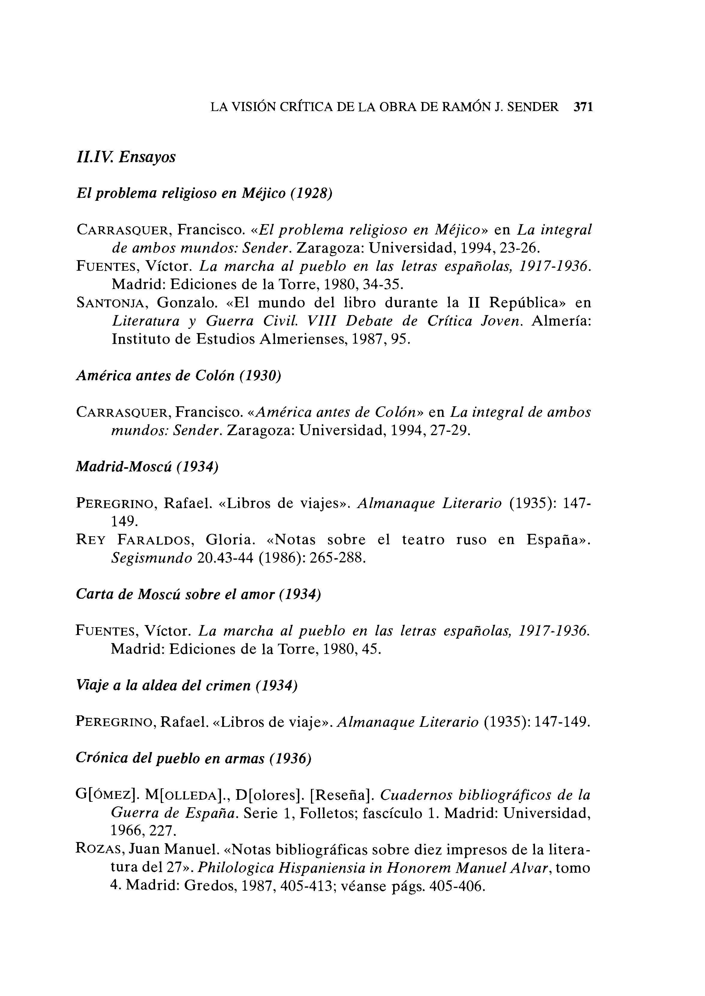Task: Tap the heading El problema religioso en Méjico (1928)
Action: pyautogui.click(x=204, y=193)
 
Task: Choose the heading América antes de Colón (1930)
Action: pyautogui.click(x=178, y=376)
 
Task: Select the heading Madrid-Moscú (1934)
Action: pyautogui.click(x=147, y=467)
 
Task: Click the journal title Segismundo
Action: pyautogui.click(x=151, y=558)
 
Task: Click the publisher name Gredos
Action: pyautogui.click(x=208, y=886)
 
